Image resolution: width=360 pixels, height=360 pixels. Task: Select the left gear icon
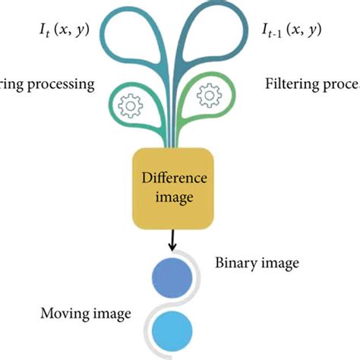pos(131,107)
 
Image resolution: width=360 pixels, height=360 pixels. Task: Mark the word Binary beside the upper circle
pos(238,263)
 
